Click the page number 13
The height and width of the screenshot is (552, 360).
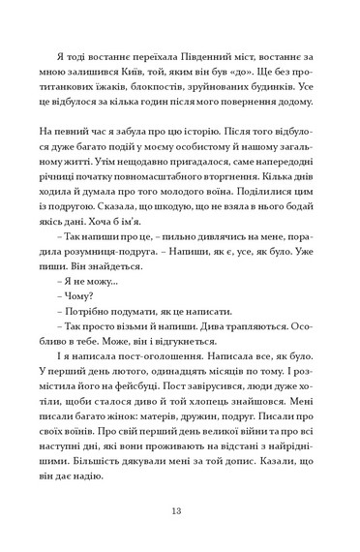(179, 510)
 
